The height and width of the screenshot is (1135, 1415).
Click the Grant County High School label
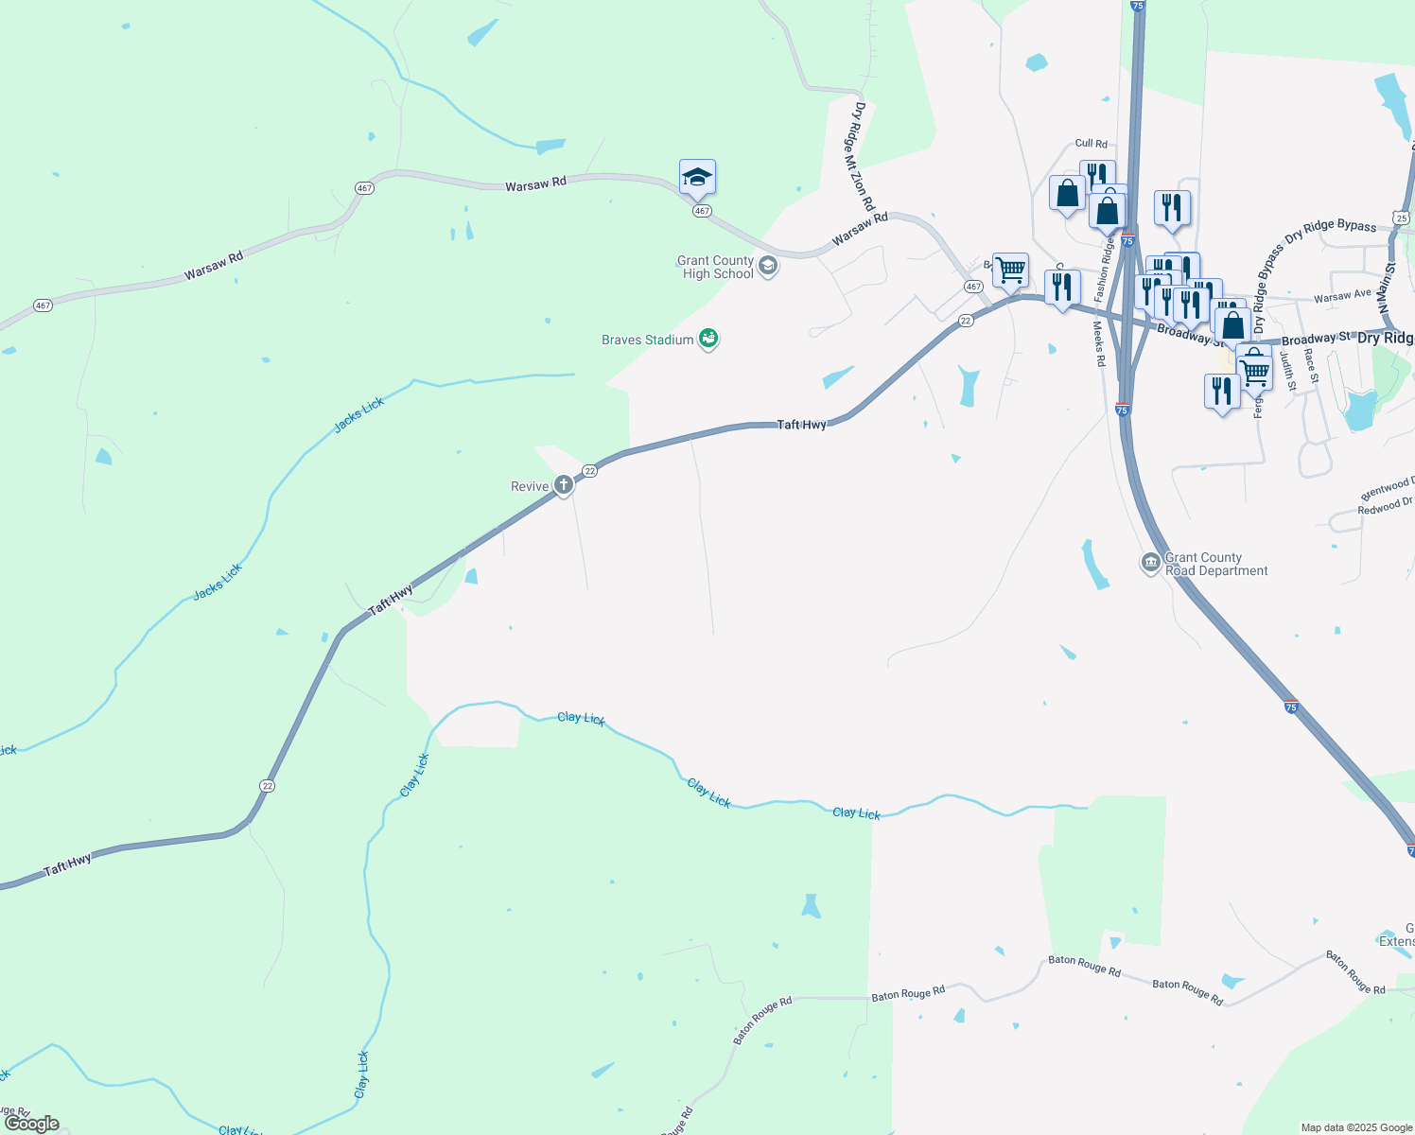(716, 268)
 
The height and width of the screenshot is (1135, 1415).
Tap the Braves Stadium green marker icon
(707, 339)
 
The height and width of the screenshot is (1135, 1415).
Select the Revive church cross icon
(564, 486)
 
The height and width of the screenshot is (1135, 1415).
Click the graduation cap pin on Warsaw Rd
(697, 178)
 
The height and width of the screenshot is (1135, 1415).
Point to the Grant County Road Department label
(1215, 565)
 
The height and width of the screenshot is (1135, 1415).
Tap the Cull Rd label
(1091, 144)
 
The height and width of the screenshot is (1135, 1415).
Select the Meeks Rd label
(1099, 343)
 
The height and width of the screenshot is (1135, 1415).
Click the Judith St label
(1288, 371)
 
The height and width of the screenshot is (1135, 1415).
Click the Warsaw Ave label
(1342, 296)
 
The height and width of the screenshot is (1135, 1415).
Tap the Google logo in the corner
(31, 1123)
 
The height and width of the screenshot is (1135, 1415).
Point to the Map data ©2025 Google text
(1356, 1127)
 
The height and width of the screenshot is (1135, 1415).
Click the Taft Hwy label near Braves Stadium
(801, 425)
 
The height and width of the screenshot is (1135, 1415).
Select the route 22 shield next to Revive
(589, 470)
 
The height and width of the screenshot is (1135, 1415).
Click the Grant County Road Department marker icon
(1150, 564)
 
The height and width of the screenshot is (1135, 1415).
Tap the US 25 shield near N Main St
(1401, 218)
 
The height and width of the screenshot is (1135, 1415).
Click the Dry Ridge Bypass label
(1330, 228)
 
